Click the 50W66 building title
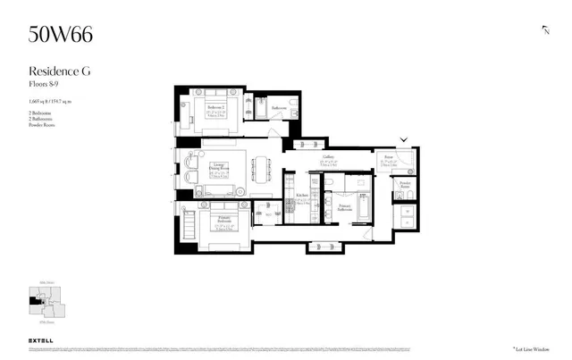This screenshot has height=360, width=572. pyautogui.click(x=60, y=35)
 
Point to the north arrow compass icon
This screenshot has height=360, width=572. pyautogui.click(x=545, y=30)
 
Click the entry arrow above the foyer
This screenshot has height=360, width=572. pyautogui.click(x=405, y=139)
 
